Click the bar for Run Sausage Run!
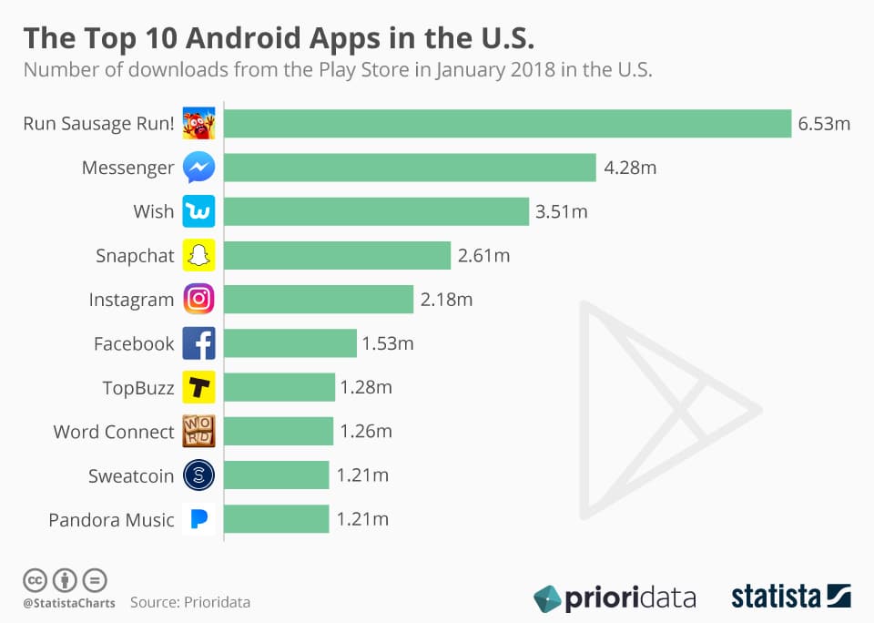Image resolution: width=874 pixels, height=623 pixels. pyautogui.click(x=507, y=124)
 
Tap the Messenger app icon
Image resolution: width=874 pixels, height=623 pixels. pyautogui.click(x=198, y=168)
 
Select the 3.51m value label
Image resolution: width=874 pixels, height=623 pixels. pyautogui.click(x=562, y=212)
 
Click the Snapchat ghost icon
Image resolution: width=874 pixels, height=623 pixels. pyautogui.click(x=198, y=256)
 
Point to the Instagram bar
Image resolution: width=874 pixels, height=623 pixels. pyautogui.click(x=319, y=300)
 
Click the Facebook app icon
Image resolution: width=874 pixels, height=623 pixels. pyautogui.click(x=198, y=343)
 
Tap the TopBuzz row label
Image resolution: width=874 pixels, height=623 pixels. pyautogui.click(x=137, y=388)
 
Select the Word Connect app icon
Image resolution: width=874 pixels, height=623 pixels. pyautogui.click(x=198, y=432)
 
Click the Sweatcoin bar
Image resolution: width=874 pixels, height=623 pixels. pyautogui.click(x=276, y=475)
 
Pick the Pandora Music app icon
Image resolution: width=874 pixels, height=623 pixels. pyautogui.click(x=198, y=519)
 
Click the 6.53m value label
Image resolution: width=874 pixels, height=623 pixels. pyautogui.click(x=824, y=124)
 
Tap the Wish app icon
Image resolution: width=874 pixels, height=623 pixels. pyautogui.click(x=198, y=212)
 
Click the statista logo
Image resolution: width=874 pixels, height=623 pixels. pyautogui.click(x=790, y=597)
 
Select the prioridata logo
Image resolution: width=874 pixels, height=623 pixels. pyautogui.click(x=615, y=598)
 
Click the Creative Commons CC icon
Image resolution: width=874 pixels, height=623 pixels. pyautogui.click(x=34, y=579)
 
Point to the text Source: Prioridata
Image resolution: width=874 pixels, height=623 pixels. pyautogui.click(x=189, y=602)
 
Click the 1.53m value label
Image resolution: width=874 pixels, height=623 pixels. pyautogui.click(x=388, y=344)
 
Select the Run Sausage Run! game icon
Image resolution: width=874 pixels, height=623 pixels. pyautogui.click(x=198, y=124)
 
